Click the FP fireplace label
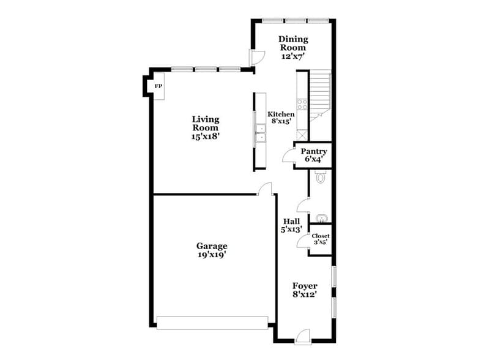click(x=158, y=86)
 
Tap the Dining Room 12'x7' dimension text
click(x=293, y=56)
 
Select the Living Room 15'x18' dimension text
click(x=205, y=137)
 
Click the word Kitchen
click(x=281, y=114)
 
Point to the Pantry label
click(x=313, y=151)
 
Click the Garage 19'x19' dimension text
click(x=212, y=254)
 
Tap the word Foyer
click(x=304, y=285)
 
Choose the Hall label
click(x=291, y=221)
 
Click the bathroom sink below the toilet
click(x=321, y=218)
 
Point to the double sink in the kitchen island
click(x=260, y=133)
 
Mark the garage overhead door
click(x=212, y=322)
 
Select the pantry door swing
click(x=288, y=156)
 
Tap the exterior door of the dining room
click(x=256, y=56)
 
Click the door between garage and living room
click(x=266, y=189)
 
